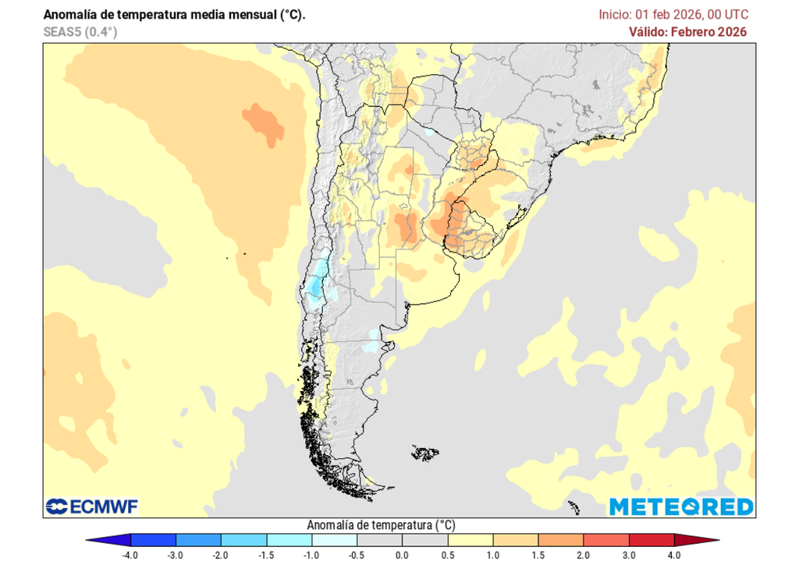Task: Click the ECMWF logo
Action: (92, 506)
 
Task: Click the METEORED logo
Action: (681, 506)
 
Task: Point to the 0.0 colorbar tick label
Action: (402, 555)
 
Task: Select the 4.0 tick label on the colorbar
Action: (673, 555)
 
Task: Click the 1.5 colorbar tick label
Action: (538, 555)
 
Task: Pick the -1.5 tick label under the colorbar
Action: (266, 555)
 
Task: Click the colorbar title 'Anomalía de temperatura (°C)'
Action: (382, 525)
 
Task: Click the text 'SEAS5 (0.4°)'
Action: (80, 32)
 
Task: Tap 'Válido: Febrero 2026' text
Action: (688, 32)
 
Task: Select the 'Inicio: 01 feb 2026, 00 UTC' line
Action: (673, 15)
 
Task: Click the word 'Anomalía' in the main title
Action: (71, 15)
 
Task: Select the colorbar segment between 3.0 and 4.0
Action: (652, 539)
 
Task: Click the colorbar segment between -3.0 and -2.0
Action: (199, 539)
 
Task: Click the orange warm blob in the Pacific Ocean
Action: (263, 124)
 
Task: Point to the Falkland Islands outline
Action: (425, 452)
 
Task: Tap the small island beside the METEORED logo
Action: (574, 507)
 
